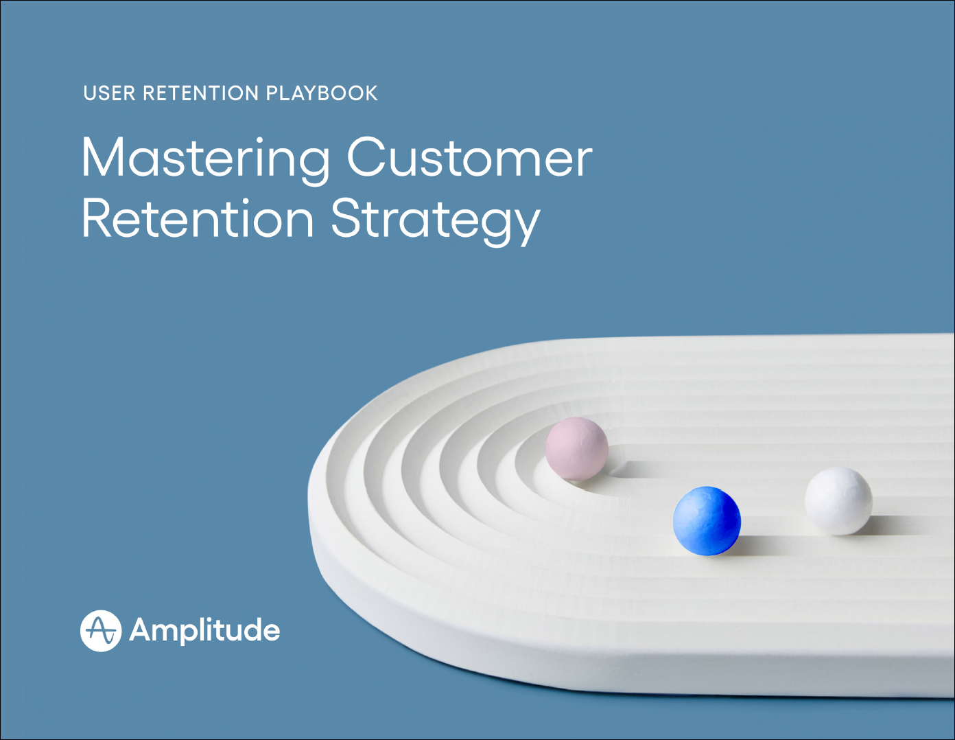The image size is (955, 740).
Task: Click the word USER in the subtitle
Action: (109, 93)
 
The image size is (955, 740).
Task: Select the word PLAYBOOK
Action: (322, 93)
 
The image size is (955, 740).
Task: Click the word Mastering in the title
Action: (205, 160)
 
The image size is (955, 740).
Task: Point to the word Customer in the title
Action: (469, 157)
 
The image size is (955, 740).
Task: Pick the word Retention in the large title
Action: (198, 218)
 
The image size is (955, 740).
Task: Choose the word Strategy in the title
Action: (436, 222)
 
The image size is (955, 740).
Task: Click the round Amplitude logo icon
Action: (101, 631)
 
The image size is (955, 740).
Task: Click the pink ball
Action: (576, 448)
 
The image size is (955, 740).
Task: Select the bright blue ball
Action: (707, 520)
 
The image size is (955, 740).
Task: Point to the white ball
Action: (838, 501)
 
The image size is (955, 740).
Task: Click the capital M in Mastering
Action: (104, 157)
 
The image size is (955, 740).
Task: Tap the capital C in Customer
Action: (366, 157)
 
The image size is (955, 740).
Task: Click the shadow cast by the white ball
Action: (892, 525)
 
